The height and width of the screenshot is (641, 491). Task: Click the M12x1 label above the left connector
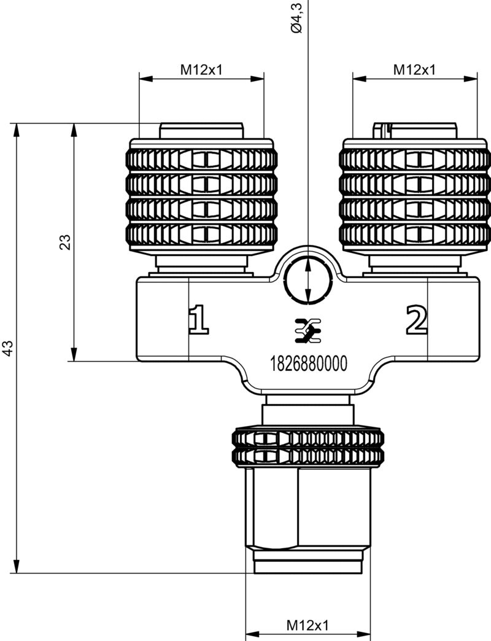coord(201,69)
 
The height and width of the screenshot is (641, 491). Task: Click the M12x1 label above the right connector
coord(414,69)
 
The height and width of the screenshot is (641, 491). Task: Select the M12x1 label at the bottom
coord(307,626)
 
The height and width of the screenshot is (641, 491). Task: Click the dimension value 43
coord(8,348)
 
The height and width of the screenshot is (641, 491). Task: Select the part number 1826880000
coord(308,364)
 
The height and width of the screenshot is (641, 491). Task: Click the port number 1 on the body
coord(198,320)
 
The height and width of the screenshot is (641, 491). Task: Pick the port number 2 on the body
coord(416,320)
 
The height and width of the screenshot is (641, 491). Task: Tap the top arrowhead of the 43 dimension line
coord(17,130)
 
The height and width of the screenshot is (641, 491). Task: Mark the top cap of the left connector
coord(201,131)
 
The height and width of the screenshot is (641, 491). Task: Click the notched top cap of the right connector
coord(415,131)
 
